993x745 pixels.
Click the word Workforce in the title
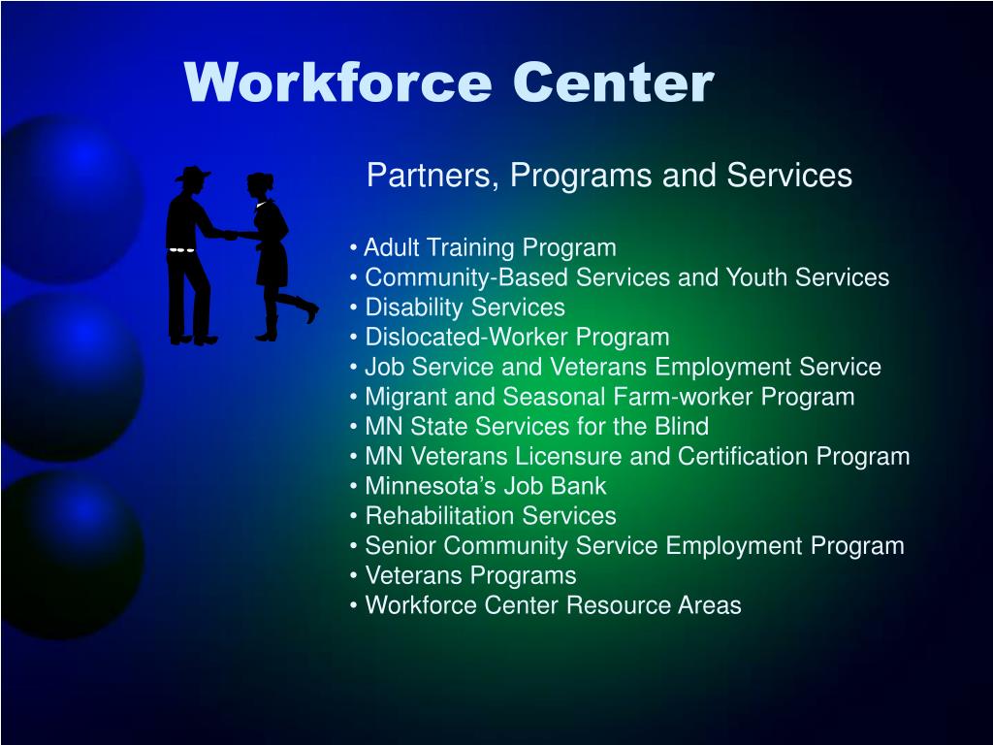338,83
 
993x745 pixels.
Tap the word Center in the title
614,83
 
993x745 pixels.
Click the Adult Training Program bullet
489,248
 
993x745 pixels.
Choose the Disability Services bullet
464,308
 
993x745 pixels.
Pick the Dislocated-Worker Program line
516,338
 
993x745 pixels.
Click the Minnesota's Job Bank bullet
485,486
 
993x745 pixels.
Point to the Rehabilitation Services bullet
490,516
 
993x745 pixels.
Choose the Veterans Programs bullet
469,576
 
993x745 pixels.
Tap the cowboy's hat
192,176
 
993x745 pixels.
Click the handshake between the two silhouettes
231,234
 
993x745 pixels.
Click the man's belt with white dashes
182,249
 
